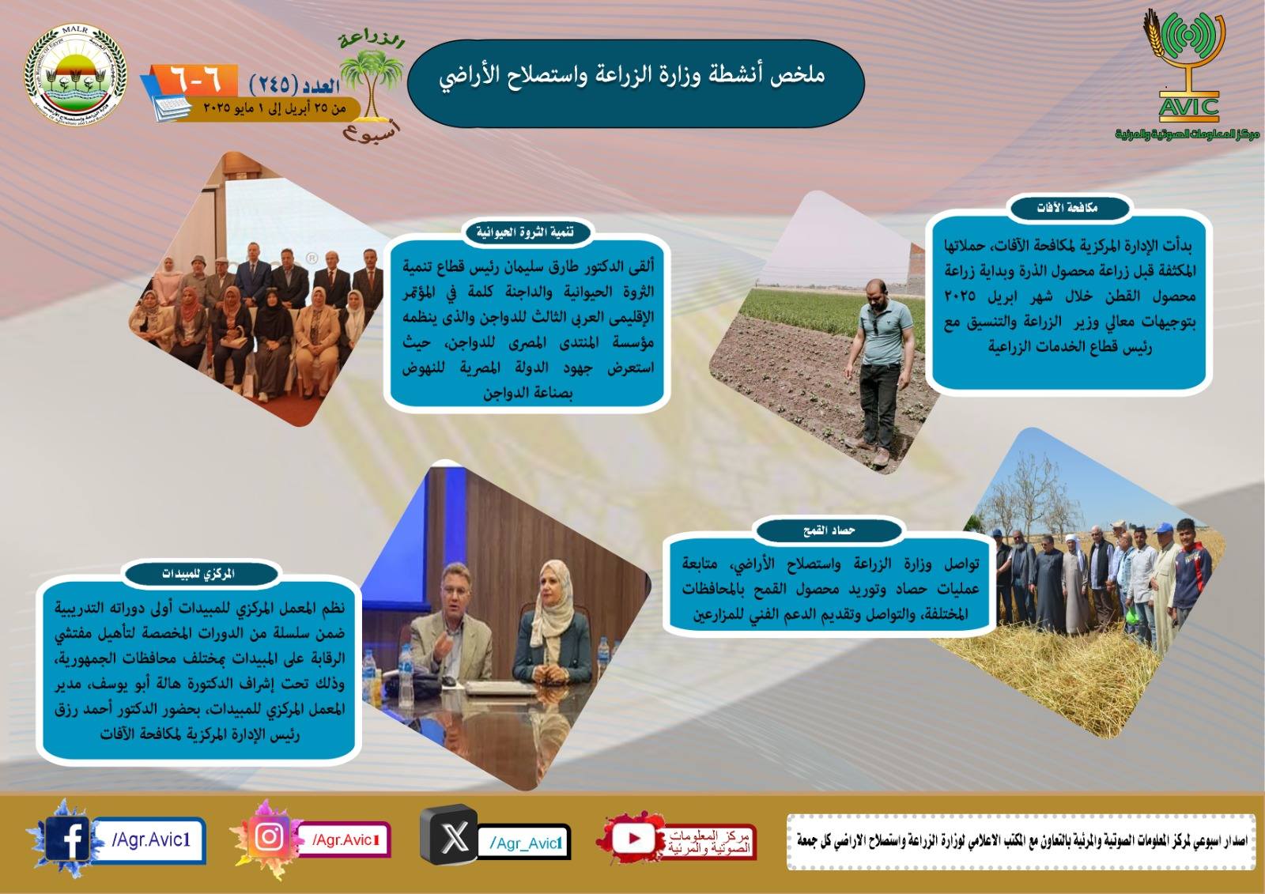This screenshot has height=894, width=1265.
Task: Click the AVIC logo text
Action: (x=1188, y=106)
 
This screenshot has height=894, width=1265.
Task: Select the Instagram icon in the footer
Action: (x=270, y=837)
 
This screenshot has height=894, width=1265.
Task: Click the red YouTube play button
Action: (x=634, y=838)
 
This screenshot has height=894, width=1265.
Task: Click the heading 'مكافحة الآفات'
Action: (x=1067, y=208)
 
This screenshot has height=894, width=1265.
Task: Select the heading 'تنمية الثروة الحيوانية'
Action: (x=524, y=232)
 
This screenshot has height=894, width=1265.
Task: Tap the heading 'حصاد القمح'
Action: (x=829, y=530)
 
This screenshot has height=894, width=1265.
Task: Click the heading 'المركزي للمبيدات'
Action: (x=198, y=574)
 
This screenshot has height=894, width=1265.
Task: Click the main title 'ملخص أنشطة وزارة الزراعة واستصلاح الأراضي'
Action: (x=632, y=75)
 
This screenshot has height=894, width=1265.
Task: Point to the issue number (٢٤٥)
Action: (x=274, y=83)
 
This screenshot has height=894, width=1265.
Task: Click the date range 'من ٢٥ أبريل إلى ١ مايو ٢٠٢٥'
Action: (x=274, y=108)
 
